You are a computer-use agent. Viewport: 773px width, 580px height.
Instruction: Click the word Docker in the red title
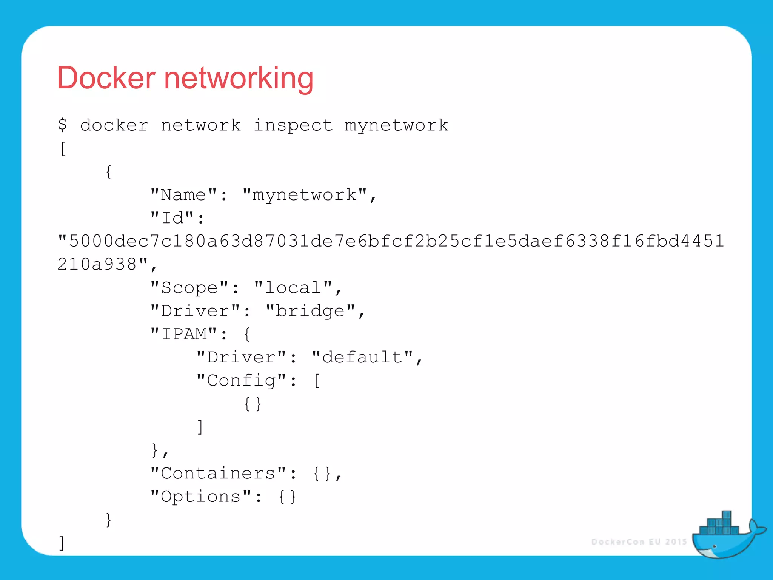pos(106,78)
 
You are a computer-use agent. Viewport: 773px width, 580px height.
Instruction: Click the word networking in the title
pos(239,79)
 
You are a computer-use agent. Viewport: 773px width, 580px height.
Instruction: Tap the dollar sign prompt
pos(63,125)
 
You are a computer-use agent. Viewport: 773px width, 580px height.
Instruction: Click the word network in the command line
pos(201,125)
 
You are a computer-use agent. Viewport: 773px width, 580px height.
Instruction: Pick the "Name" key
pos(184,195)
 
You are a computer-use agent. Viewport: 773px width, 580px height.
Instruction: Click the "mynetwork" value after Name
pos(305,195)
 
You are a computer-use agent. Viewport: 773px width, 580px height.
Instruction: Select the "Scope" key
pos(189,288)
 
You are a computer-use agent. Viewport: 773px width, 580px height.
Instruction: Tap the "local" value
pos(293,288)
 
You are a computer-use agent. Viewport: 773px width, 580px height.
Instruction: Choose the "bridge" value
pos(310,311)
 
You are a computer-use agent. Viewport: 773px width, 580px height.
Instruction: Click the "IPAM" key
pos(184,334)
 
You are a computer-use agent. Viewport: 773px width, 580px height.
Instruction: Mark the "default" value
pos(362,357)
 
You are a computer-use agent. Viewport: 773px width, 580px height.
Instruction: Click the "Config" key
pos(242,380)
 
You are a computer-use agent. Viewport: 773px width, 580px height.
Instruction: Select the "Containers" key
pos(218,473)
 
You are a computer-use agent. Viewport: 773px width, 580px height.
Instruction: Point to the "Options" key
pos(201,496)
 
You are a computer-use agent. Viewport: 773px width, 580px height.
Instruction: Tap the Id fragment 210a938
pos(97,264)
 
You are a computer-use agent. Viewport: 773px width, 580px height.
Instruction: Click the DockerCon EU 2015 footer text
pos(639,542)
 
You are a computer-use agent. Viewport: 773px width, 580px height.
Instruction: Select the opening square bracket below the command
pos(63,148)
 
